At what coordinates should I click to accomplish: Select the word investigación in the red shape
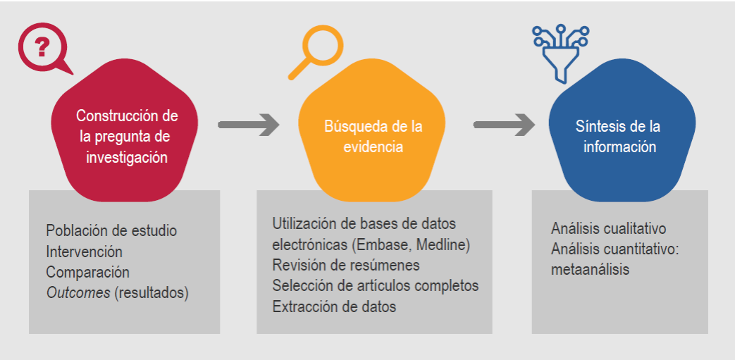click(127, 157)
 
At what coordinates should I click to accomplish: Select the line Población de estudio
click(111, 230)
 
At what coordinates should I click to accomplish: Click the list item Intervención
click(84, 252)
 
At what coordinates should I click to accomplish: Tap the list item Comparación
click(87, 272)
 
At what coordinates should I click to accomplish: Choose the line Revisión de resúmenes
click(345, 266)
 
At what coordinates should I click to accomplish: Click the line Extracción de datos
click(334, 306)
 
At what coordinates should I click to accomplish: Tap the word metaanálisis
click(590, 270)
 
